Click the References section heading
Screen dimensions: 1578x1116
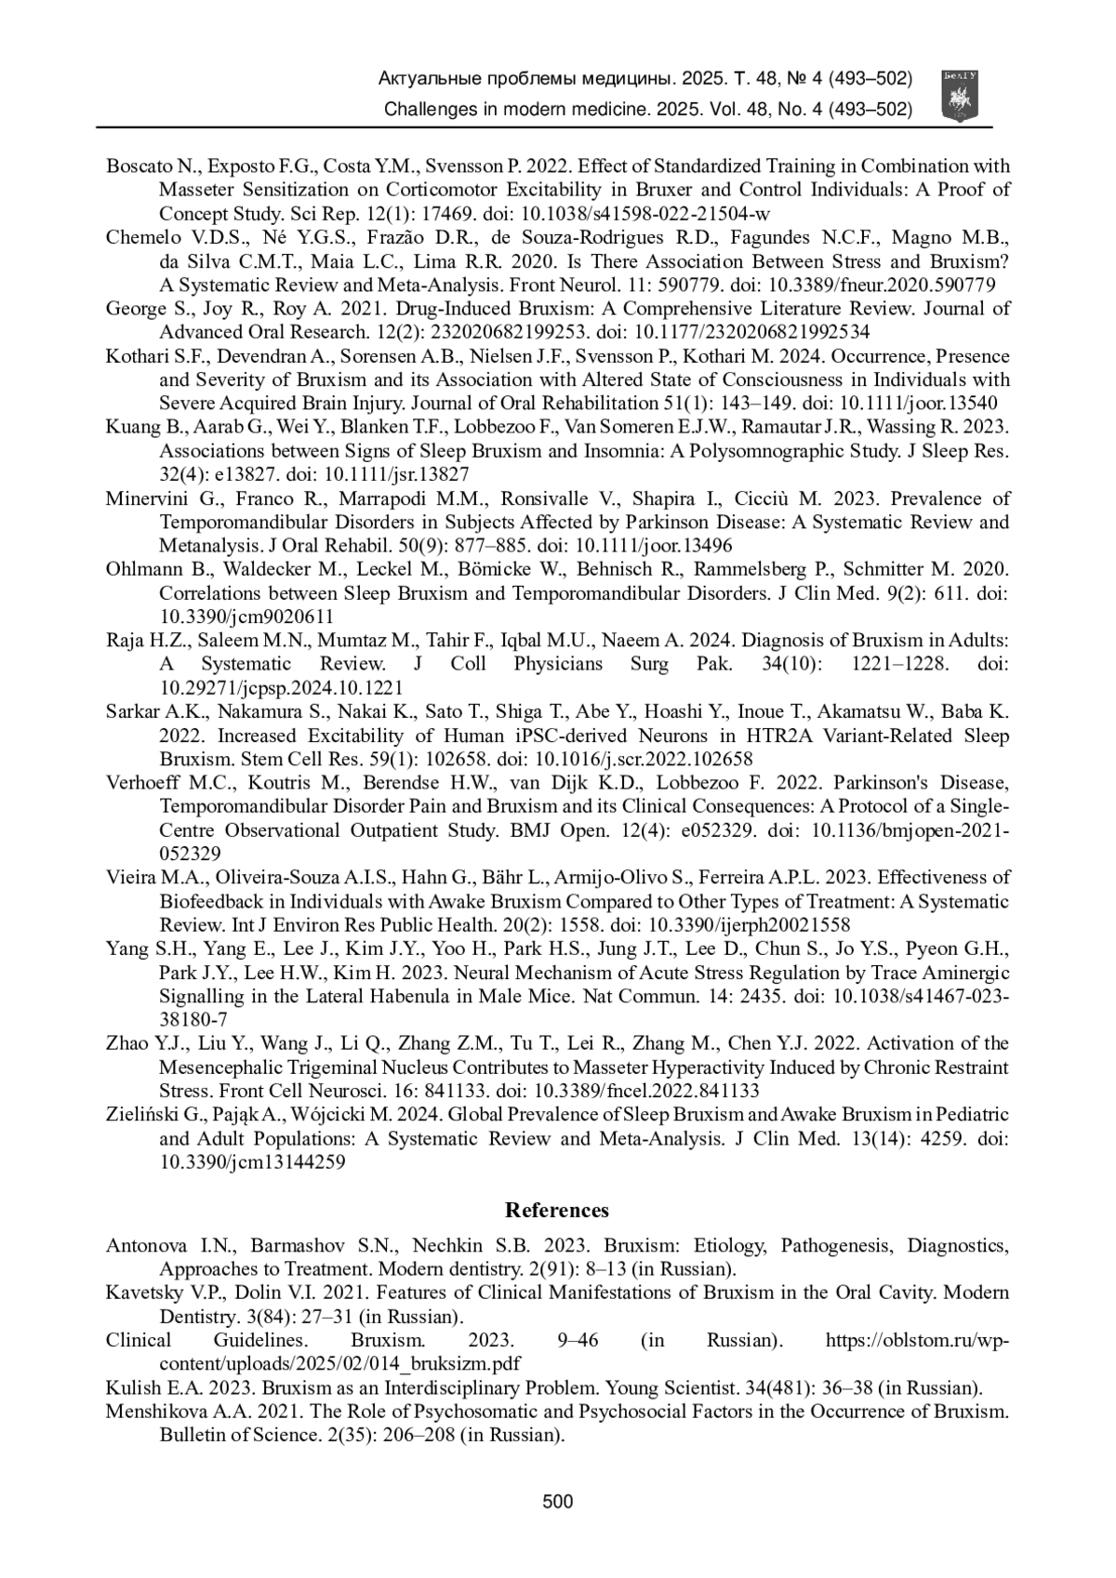[x=557, y=1210]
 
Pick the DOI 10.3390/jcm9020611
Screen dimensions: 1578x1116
[x=246, y=617]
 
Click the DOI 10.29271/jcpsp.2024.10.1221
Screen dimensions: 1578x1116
[x=281, y=688]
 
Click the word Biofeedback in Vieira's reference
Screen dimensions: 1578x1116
[x=212, y=901]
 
